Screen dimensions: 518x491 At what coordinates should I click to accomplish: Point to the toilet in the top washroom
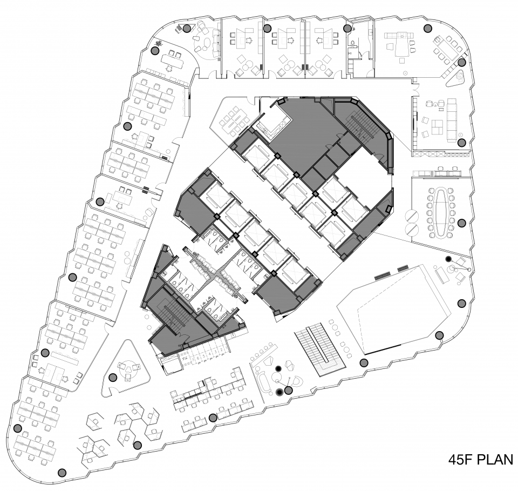353,43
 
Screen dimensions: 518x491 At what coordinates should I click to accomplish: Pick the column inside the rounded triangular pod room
113,377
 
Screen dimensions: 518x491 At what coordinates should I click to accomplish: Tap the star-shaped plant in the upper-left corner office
160,43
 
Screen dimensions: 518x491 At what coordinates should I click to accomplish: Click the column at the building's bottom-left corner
62,473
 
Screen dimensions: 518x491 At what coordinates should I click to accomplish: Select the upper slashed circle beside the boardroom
412,216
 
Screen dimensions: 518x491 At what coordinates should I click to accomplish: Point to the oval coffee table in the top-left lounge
207,44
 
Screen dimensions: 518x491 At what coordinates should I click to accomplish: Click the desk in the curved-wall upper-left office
172,62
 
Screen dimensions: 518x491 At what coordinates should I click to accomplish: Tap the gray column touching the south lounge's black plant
288,391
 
